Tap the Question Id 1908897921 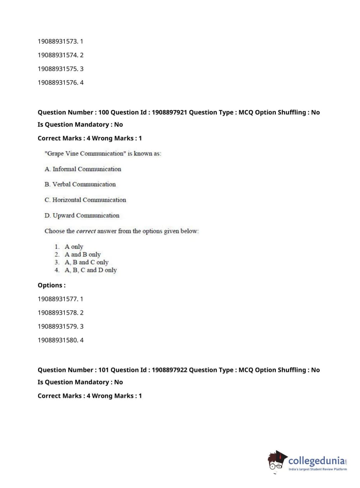[169, 112]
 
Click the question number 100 [104, 112]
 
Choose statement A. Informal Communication [83, 169]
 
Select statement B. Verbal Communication [80, 184]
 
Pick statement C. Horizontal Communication [85, 200]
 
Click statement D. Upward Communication [82, 216]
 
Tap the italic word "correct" [86, 231]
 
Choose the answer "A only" [74, 247]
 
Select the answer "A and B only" [82, 254]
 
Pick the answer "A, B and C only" [86, 262]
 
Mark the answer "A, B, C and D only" [91, 270]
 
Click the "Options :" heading [51, 285]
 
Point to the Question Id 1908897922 [169, 370]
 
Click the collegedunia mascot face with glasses [276, 462]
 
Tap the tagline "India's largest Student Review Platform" [318, 469]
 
